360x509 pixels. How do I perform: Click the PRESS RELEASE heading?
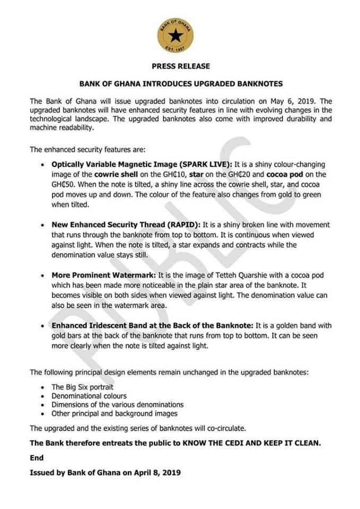tap(181, 66)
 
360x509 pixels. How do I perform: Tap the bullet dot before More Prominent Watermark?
tap(42, 276)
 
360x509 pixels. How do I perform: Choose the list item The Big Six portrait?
tap(82, 388)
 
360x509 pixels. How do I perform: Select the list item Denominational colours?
tap(89, 396)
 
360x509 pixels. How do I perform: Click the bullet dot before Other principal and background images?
tap(42, 414)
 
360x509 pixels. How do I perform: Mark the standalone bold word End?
tap(37, 457)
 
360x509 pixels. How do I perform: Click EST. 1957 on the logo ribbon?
tap(175, 51)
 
